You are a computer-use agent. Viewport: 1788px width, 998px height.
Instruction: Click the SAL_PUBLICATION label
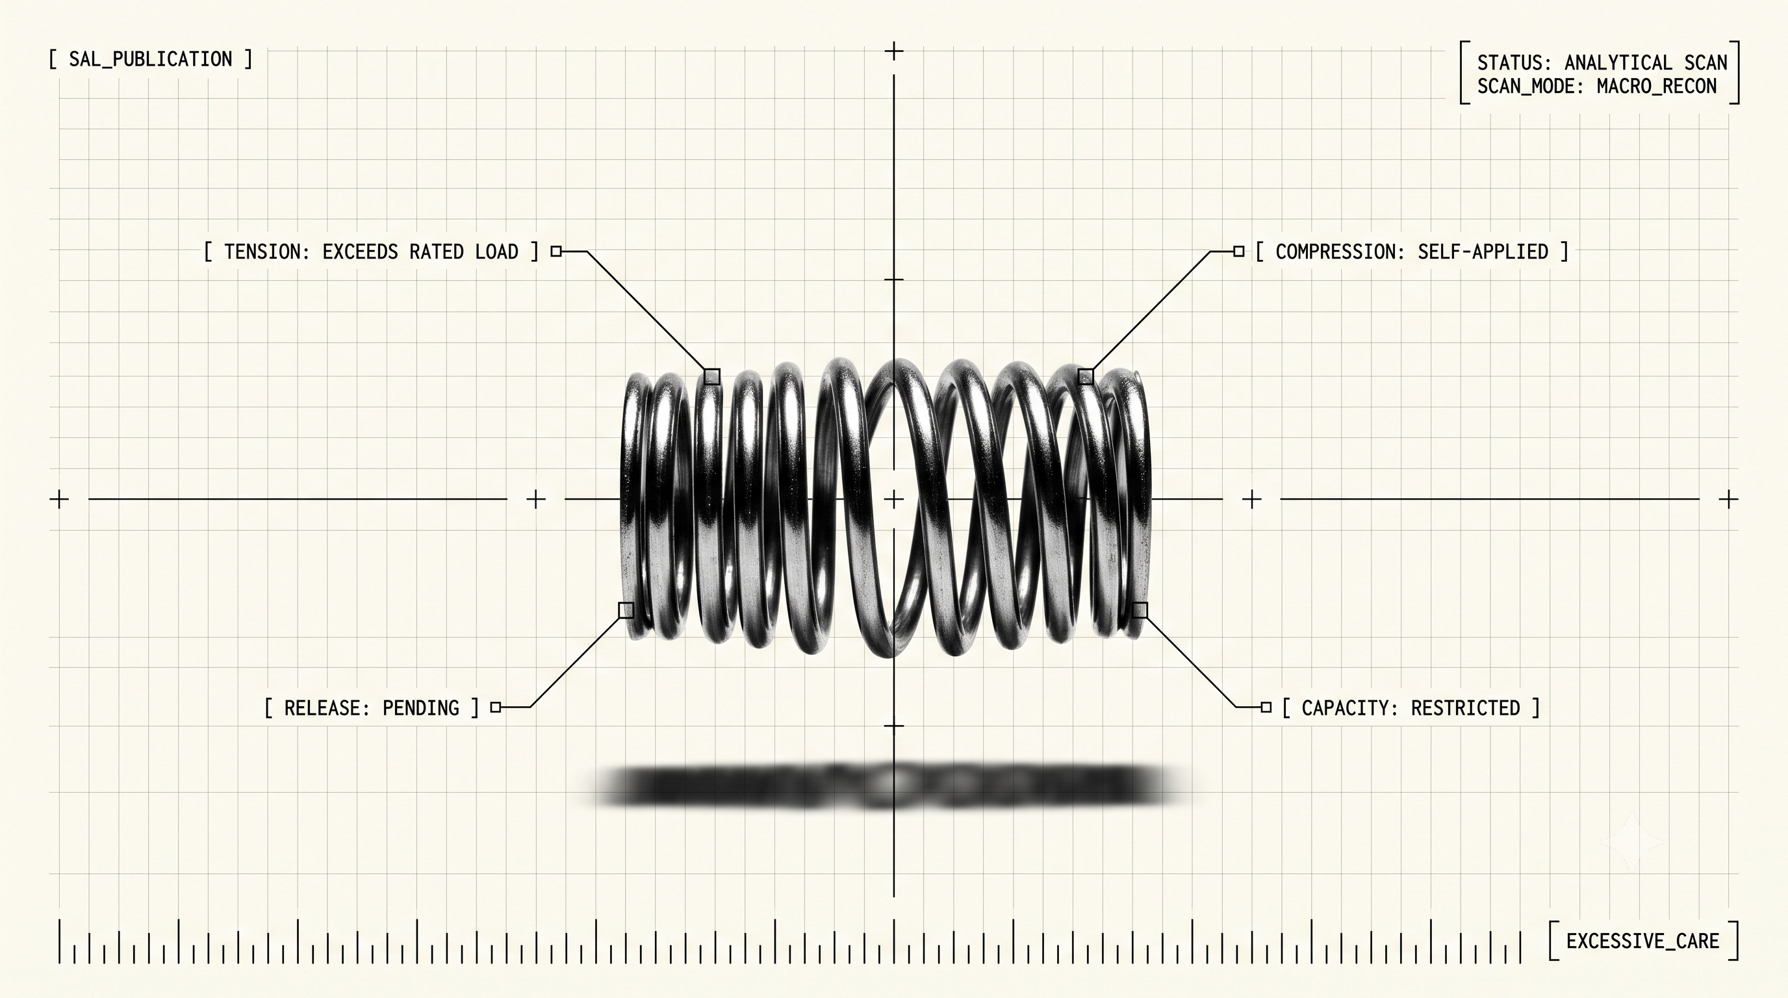click(151, 60)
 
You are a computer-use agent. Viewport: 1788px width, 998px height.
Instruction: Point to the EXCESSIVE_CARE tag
click(1643, 941)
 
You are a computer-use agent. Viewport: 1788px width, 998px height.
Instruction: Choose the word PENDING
click(420, 708)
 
